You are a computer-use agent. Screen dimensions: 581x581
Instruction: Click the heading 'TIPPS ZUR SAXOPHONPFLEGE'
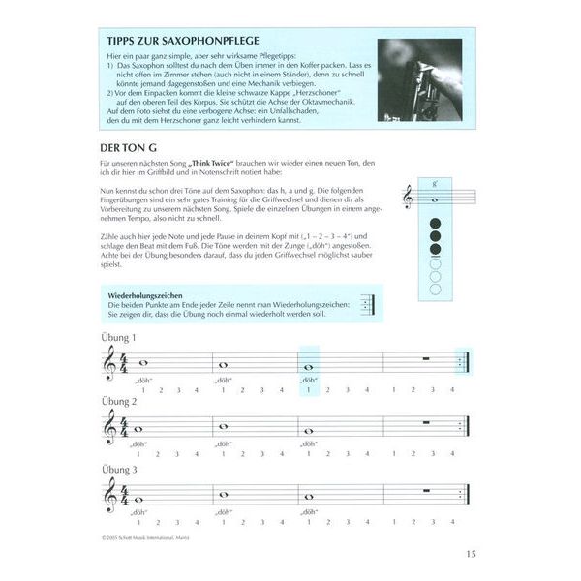pyautogui.click(x=185, y=43)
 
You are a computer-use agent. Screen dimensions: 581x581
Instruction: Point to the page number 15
pyautogui.click(x=471, y=554)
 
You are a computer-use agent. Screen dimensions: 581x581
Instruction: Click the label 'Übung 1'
pyautogui.click(x=119, y=337)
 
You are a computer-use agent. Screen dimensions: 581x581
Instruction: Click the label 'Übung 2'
pyautogui.click(x=119, y=401)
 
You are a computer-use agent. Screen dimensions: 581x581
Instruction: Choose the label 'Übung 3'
pyautogui.click(x=119, y=468)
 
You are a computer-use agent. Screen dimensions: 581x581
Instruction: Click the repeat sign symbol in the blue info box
pyautogui.click(x=368, y=303)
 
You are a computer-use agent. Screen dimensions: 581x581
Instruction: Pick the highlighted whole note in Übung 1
pyautogui.click(x=309, y=368)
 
